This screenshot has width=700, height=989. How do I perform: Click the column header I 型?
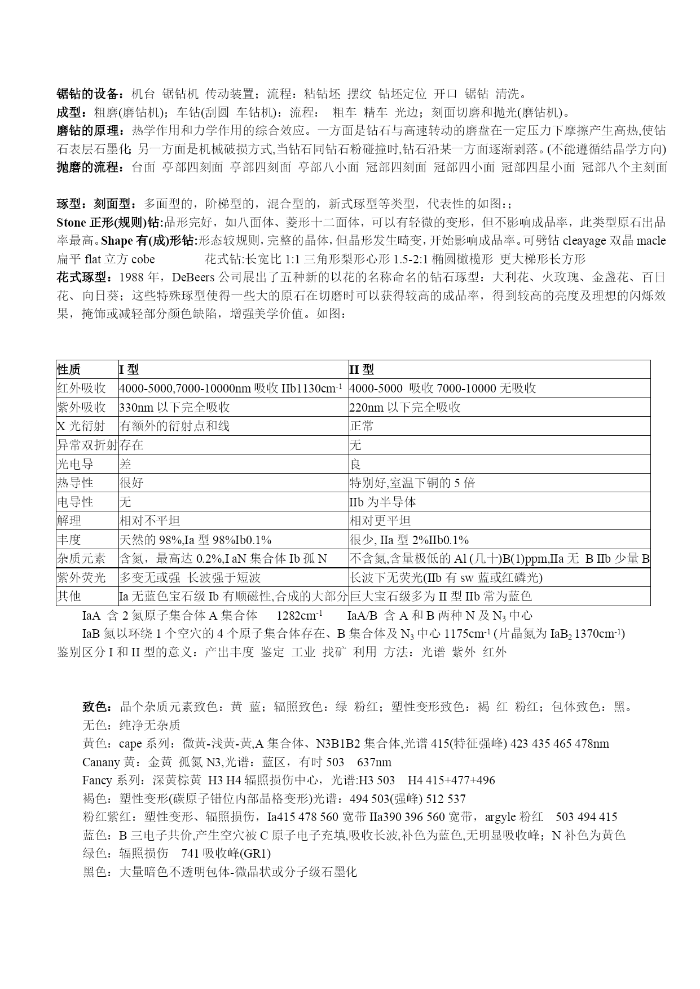click(x=129, y=370)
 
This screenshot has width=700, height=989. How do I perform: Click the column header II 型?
click(x=362, y=370)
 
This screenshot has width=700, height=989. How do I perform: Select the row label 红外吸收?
click(x=81, y=388)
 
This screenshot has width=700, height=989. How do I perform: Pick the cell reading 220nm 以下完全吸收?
click(x=405, y=408)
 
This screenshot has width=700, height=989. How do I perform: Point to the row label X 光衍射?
click(x=81, y=426)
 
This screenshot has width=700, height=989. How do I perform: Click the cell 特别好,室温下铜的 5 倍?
click(x=412, y=483)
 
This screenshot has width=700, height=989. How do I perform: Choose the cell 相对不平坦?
click(x=150, y=521)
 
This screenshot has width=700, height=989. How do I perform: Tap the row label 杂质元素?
click(x=81, y=559)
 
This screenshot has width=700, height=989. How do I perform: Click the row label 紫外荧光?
click(x=81, y=577)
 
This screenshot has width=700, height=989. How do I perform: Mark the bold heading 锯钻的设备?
click(x=87, y=94)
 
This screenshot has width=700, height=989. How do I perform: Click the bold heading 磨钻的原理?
click(x=87, y=131)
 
